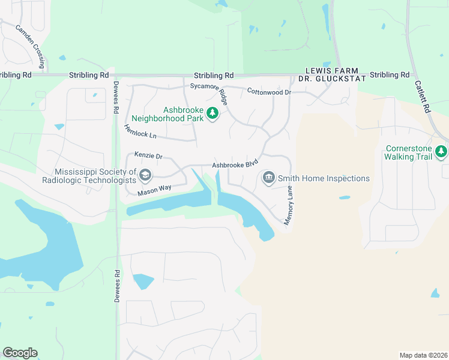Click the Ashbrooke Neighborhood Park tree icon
click(x=212, y=113)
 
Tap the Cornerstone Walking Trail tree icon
click(x=442, y=152)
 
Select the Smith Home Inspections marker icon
click(x=268, y=178)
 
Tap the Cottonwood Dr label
click(x=269, y=92)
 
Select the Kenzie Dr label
click(x=148, y=156)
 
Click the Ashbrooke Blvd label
click(x=235, y=163)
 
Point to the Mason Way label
click(x=154, y=190)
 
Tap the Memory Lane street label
click(x=289, y=205)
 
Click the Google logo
click(x=20, y=353)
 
